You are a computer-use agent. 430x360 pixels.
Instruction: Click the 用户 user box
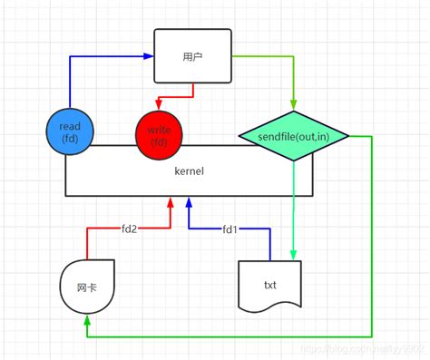click(x=191, y=55)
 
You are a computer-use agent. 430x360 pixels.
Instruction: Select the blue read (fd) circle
click(x=69, y=132)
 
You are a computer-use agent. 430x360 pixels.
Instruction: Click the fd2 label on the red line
click(x=128, y=229)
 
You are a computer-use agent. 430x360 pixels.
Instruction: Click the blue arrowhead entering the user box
click(x=148, y=55)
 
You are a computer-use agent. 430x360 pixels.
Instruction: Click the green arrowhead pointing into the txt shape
click(x=294, y=255)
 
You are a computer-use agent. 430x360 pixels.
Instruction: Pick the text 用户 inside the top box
click(x=191, y=55)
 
